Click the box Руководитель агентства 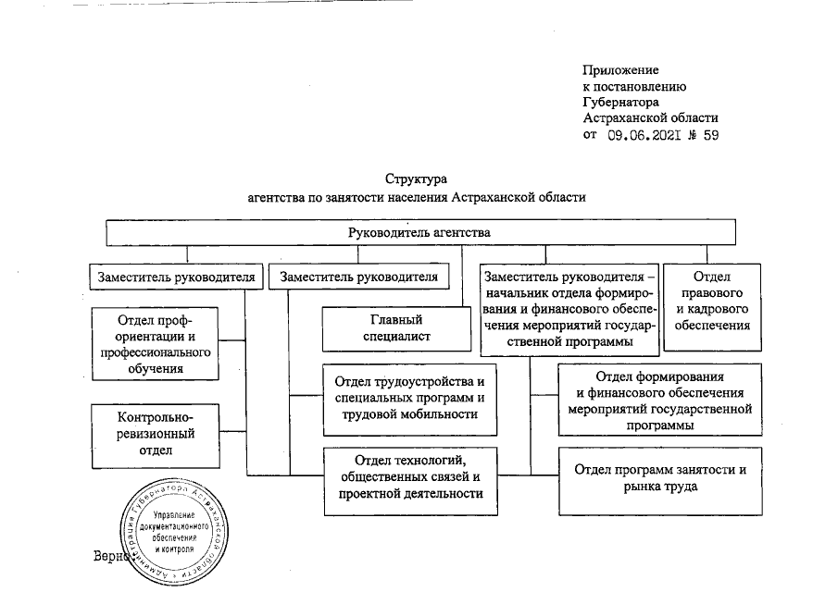pyautogui.click(x=419, y=232)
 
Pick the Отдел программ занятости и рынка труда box pyautogui.click(x=660, y=478)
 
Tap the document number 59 pyautogui.click(x=710, y=135)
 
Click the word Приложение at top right pyautogui.click(x=620, y=70)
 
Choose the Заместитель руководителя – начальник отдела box pyautogui.click(x=569, y=309)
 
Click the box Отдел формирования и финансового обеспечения pyautogui.click(x=659, y=400)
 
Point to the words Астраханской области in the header pyautogui.click(x=650, y=118)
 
